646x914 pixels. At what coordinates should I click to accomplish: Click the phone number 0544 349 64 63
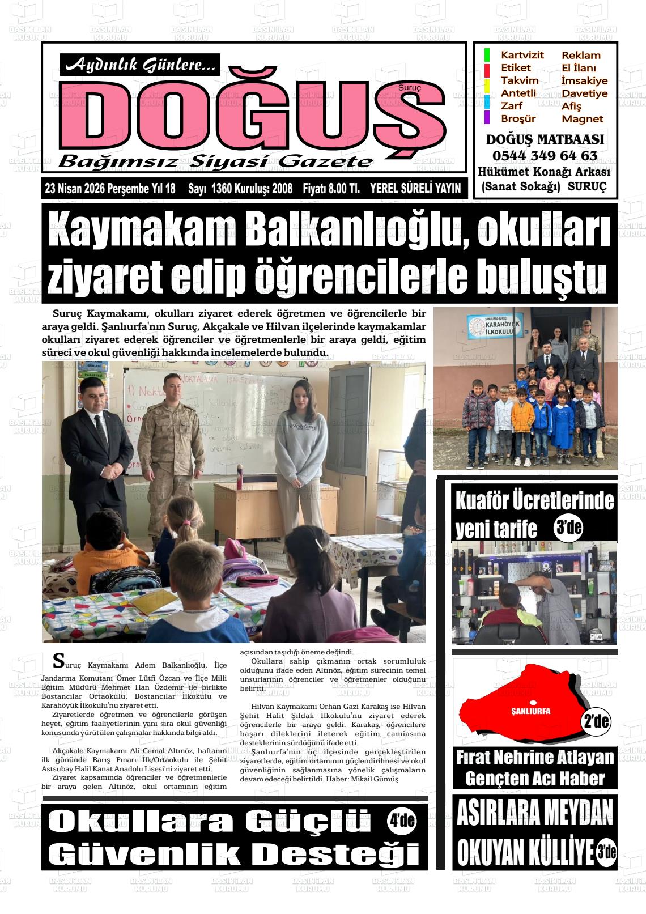(545, 155)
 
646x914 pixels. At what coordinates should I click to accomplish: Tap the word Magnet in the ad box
(582, 119)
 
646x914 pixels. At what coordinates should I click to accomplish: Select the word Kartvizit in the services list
(522, 55)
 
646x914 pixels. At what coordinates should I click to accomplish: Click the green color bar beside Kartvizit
(487, 55)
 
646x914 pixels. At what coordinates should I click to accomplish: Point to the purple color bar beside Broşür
(487, 117)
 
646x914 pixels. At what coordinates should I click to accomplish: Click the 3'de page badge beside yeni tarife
(568, 528)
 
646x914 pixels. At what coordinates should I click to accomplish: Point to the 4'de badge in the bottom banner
(402, 820)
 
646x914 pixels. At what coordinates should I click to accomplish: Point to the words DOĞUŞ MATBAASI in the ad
(545, 139)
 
